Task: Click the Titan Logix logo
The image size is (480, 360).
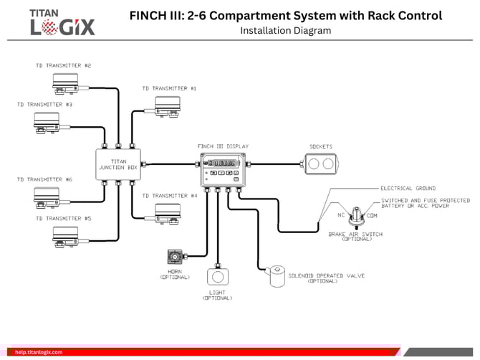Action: [x=62, y=22]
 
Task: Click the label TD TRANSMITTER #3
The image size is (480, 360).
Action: [x=44, y=105]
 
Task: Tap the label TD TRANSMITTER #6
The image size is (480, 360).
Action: [x=44, y=179]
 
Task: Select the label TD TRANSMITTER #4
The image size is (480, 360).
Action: [x=170, y=195]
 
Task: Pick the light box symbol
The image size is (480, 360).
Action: [x=216, y=277]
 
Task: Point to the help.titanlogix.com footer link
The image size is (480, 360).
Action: [x=39, y=352]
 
